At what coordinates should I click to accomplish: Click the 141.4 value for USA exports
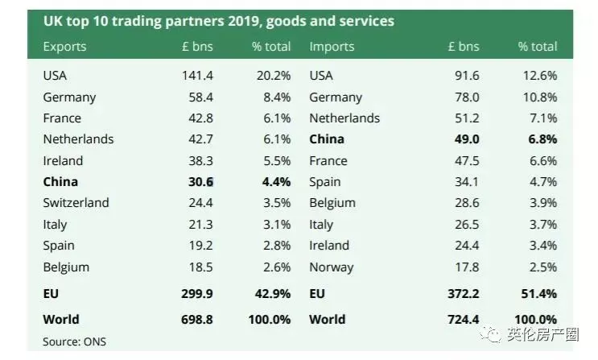click(197, 75)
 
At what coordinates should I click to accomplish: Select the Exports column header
click(65, 47)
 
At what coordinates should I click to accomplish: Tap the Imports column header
click(332, 47)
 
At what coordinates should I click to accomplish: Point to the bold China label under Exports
click(60, 182)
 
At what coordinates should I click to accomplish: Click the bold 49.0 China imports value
click(467, 139)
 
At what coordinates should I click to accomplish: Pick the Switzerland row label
click(76, 202)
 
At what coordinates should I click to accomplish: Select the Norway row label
click(332, 267)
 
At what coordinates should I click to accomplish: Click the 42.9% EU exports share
click(273, 294)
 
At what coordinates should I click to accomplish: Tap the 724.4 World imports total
click(464, 319)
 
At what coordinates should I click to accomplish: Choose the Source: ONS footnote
click(74, 341)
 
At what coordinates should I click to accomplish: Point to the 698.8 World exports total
click(197, 319)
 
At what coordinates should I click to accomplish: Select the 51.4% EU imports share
click(539, 294)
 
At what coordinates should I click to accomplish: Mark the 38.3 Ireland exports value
click(200, 161)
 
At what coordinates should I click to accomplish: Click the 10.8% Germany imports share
click(540, 97)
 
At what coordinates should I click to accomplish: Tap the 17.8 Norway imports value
click(467, 267)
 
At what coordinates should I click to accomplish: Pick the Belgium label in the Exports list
click(66, 267)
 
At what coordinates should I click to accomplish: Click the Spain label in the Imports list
click(325, 182)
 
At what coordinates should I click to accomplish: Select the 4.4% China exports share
click(277, 182)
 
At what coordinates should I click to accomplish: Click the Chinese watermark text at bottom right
click(543, 335)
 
